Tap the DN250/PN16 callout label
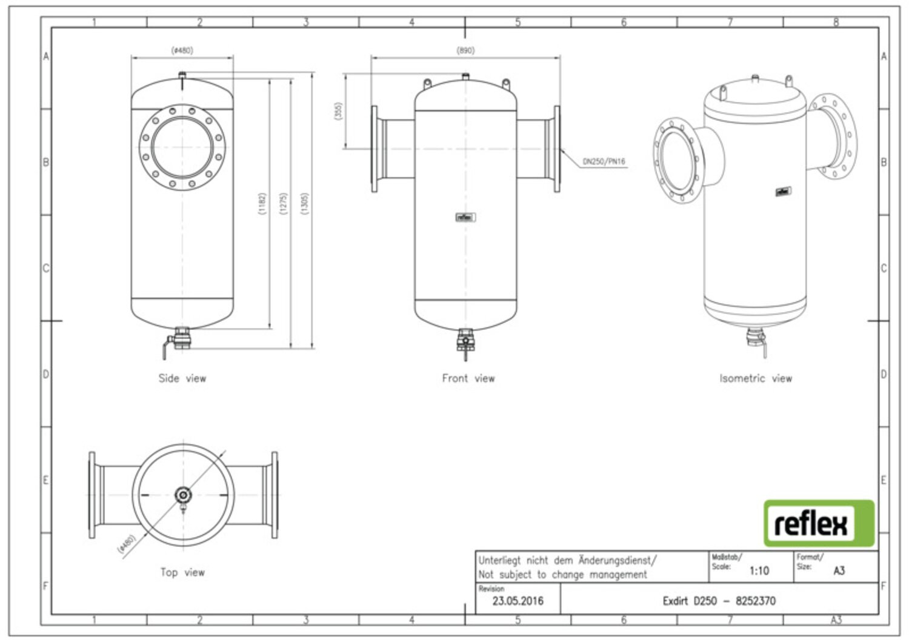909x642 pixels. (604, 162)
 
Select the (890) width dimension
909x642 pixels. (465, 51)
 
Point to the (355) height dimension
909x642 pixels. (338, 110)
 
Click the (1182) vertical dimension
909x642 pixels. (262, 204)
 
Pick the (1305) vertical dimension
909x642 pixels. (305, 204)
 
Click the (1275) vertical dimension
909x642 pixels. (284, 204)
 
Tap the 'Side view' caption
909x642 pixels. (182, 378)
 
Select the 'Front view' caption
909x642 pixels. (468, 378)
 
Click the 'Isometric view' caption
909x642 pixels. (756, 378)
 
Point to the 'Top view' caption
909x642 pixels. (182, 572)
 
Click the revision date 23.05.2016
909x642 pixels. (518, 601)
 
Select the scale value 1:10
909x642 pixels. (759, 570)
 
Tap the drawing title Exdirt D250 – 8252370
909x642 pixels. (719, 601)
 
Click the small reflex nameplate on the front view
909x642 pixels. (465, 217)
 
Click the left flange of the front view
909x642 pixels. (375, 149)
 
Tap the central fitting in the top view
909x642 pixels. (182, 495)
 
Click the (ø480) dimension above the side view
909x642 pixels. (182, 51)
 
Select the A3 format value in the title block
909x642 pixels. (839, 570)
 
